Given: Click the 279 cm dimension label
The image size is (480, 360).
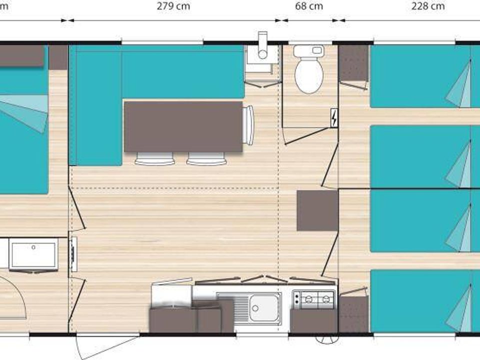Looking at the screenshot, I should pyautogui.click(x=172, y=6).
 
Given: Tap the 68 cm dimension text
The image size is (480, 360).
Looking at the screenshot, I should pyautogui.click(x=309, y=6).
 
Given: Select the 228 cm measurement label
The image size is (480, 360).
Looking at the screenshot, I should pyautogui.click(x=428, y=6).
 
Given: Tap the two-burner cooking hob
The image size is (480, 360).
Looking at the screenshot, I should pyautogui.click(x=313, y=299).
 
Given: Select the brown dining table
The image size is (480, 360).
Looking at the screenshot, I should pyautogui.click(x=183, y=126).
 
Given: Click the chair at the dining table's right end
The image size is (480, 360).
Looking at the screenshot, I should pyautogui.click(x=248, y=126).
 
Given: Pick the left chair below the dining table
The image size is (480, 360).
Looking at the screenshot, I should pyautogui.click(x=155, y=158).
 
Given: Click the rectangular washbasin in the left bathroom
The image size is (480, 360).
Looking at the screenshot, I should pyautogui.click(x=33, y=254).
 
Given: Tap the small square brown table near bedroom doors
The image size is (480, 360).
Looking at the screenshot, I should pyautogui.click(x=317, y=210).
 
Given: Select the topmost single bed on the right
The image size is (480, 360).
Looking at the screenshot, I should pyautogui.click(x=420, y=76).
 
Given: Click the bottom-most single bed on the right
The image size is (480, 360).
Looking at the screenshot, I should pyautogui.click(x=420, y=300).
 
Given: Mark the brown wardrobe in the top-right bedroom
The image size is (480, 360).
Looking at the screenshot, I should pyautogui.click(x=354, y=63).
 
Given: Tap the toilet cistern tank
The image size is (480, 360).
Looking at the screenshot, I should pyautogui.click(x=308, y=51).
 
